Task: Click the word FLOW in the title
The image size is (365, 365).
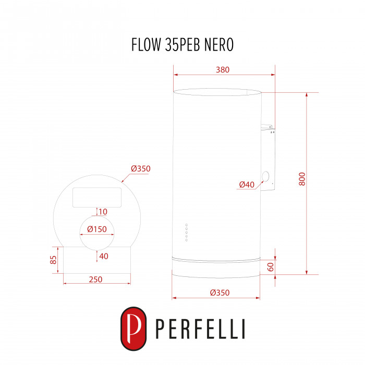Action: point(146,44)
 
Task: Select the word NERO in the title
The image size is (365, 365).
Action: point(219,44)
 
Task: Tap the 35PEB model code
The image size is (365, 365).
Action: point(182,44)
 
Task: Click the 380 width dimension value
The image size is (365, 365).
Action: point(223,69)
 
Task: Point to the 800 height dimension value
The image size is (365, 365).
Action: point(302,179)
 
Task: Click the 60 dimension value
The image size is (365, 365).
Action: point(271,267)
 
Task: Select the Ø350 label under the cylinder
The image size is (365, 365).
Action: point(220,293)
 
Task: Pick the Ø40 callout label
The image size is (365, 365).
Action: point(247,185)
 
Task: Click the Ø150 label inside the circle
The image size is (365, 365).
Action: point(97,229)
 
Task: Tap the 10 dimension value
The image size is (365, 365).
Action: point(103,212)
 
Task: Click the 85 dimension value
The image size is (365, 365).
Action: point(53,260)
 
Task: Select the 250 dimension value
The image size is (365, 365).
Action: point(95,279)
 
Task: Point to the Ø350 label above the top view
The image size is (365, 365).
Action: point(141,168)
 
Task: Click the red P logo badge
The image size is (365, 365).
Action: point(133,328)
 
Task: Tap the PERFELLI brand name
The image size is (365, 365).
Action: point(200,329)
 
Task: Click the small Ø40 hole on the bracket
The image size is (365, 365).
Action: point(265,176)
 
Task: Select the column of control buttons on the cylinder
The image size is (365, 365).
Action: point(187,233)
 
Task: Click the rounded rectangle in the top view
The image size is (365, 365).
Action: point(97,198)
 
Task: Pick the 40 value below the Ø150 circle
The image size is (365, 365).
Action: point(104,256)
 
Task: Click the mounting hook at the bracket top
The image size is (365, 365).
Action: point(266,127)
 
